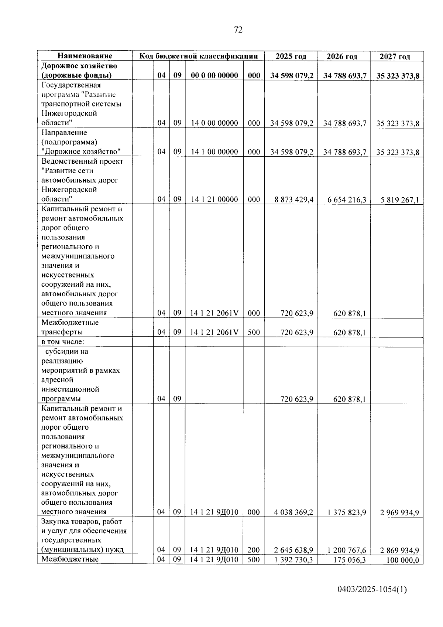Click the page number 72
click(x=238, y=30)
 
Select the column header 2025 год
click(x=291, y=56)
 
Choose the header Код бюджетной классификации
click(x=198, y=56)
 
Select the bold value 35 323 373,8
click(x=398, y=76)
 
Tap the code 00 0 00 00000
click(x=214, y=76)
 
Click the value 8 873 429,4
click(x=294, y=200)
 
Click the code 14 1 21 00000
click(x=214, y=200)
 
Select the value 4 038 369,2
click(x=294, y=512)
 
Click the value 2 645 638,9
click(x=294, y=550)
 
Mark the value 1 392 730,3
click(x=294, y=560)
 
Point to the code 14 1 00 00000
click(x=214, y=152)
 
